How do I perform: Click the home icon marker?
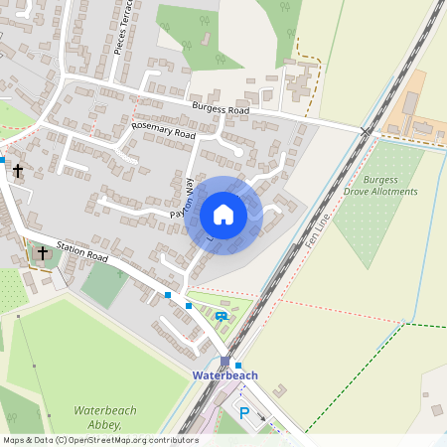[x=223, y=215]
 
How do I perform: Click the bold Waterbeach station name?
[x=224, y=375]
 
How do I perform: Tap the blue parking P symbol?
[x=244, y=411]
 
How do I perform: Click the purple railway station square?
[x=225, y=362]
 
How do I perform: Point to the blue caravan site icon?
[x=221, y=317]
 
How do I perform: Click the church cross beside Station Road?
[x=43, y=254]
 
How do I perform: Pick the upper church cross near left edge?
[x=17, y=171]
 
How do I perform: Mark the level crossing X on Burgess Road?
[x=366, y=131]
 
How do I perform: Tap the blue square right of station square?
[x=238, y=366]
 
